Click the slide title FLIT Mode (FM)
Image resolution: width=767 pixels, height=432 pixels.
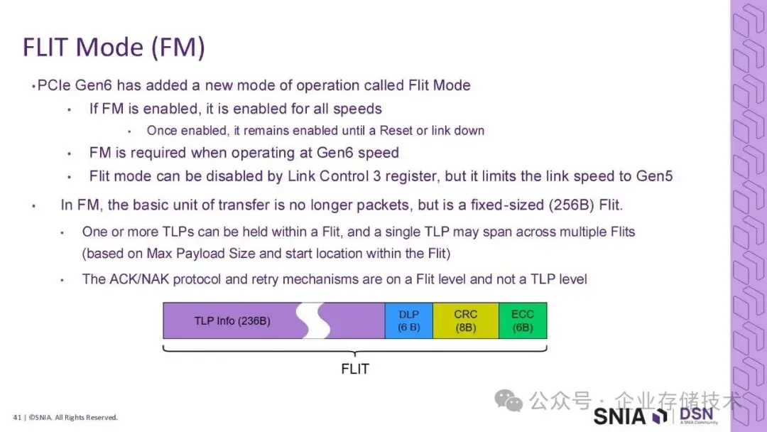[x=114, y=47]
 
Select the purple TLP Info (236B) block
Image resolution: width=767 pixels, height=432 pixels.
[x=232, y=320]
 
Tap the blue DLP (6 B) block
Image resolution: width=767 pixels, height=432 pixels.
[x=409, y=320]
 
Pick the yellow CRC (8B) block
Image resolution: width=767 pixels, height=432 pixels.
[x=466, y=320]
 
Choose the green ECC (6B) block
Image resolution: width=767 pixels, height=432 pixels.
[x=523, y=320]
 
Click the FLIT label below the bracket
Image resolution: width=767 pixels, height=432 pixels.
[x=355, y=369]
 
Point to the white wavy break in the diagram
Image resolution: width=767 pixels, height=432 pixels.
[x=313, y=320]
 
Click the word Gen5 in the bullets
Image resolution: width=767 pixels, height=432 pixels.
[x=653, y=175]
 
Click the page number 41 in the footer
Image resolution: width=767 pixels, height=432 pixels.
[x=16, y=417]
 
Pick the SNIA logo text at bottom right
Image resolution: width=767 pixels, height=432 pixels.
[x=620, y=416]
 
